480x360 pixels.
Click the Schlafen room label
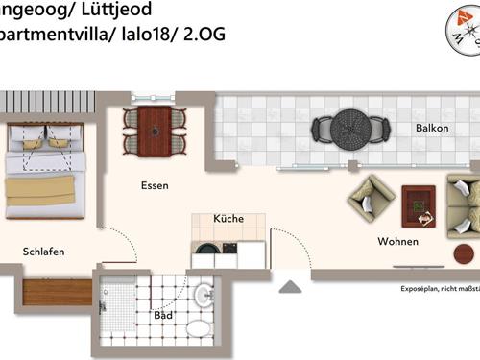point(44,252)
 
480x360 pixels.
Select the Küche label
point(228,219)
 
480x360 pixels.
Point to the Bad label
point(163,314)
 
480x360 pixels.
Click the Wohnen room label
point(397,241)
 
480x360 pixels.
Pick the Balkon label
point(432,128)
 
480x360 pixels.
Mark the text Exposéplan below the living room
point(420,289)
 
